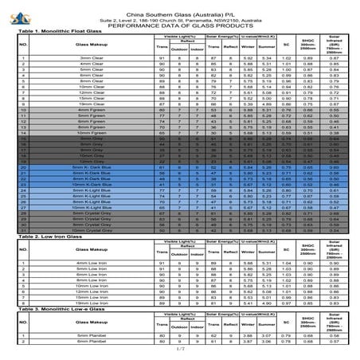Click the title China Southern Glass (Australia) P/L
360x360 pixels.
coord(180,7)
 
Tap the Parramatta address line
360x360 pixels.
coord(180,14)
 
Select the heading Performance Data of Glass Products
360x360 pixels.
coord(180,22)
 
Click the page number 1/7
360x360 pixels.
coord(180,350)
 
